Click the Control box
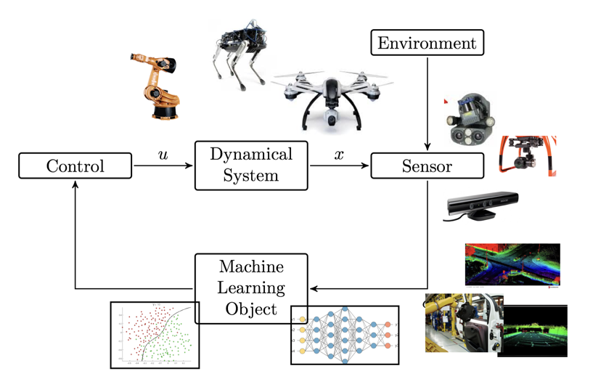click(75, 166)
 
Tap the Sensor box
click(427, 166)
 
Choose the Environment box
click(427, 43)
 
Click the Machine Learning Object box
click(251, 286)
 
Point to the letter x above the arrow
click(339, 155)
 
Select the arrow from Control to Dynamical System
click(163, 166)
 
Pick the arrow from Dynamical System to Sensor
click(340, 166)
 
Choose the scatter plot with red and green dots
click(154, 333)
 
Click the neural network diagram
click(345, 335)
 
